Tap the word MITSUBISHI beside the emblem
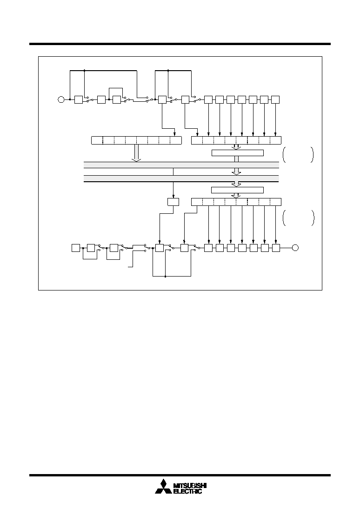pos(190,486)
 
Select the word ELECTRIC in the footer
pos(187,491)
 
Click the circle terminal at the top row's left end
pos(61,99)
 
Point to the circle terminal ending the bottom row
pos(295,248)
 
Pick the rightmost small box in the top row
pos(275,99)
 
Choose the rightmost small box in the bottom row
pos(276,248)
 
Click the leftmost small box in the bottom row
pos(75,248)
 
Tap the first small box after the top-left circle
pos(79,99)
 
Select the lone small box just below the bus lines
pos(173,202)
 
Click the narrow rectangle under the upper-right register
pos(237,153)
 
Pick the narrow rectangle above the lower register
pos(237,190)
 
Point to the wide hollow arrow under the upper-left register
pos(137,153)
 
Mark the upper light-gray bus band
pos(181,165)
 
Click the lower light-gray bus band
pos(181,178)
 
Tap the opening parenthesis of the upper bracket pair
pos(284,155)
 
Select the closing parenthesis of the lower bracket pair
pos(313,218)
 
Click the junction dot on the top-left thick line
pos(84,70)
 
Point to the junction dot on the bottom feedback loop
pos(166,277)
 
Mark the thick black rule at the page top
pos(180,44)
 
